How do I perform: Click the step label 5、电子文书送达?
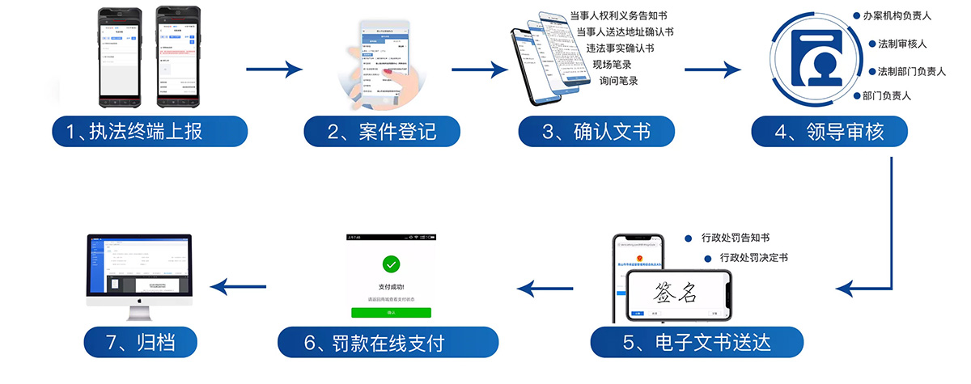click(697, 342)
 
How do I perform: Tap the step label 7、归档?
click(142, 342)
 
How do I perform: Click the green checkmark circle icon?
click(391, 264)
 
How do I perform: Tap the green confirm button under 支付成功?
click(391, 312)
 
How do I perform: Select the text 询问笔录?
click(619, 80)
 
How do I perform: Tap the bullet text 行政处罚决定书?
click(755, 258)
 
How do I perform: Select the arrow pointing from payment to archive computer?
click(238, 286)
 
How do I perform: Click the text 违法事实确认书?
click(621, 48)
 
